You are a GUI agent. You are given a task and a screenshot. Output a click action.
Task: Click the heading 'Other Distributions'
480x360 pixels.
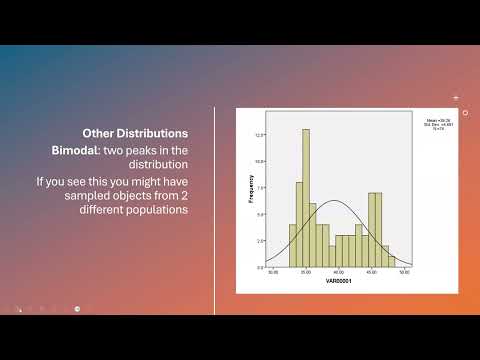pyautogui.click(x=135, y=131)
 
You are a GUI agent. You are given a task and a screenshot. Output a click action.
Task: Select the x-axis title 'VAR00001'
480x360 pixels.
pyautogui.click(x=338, y=284)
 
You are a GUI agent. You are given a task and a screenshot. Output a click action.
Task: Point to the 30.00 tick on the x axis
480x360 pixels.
pyautogui.click(x=272, y=274)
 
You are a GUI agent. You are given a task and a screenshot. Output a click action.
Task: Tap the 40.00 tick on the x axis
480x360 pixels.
pyautogui.click(x=338, y=274)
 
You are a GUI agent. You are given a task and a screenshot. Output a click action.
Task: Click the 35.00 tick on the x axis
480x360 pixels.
pyautogui.click(x=305, y=274)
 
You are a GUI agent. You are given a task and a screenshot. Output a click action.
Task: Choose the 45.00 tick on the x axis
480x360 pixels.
pyautogui.click(x=371, y=274)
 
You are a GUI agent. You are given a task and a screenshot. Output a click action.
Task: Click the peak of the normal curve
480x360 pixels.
pyautogui.click(x=338, y=202)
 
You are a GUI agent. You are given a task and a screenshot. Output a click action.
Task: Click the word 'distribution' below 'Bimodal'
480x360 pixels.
pyautogui.click(x=85, y=165)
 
